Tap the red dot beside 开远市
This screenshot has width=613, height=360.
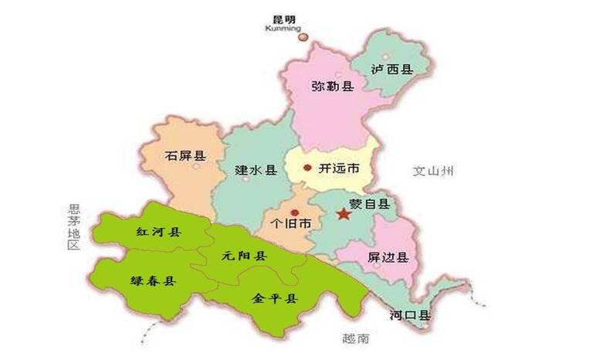307,168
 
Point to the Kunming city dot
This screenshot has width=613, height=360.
303,36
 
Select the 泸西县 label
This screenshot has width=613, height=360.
391,69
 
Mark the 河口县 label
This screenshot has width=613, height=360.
410,315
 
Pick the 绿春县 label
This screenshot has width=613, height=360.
153,281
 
